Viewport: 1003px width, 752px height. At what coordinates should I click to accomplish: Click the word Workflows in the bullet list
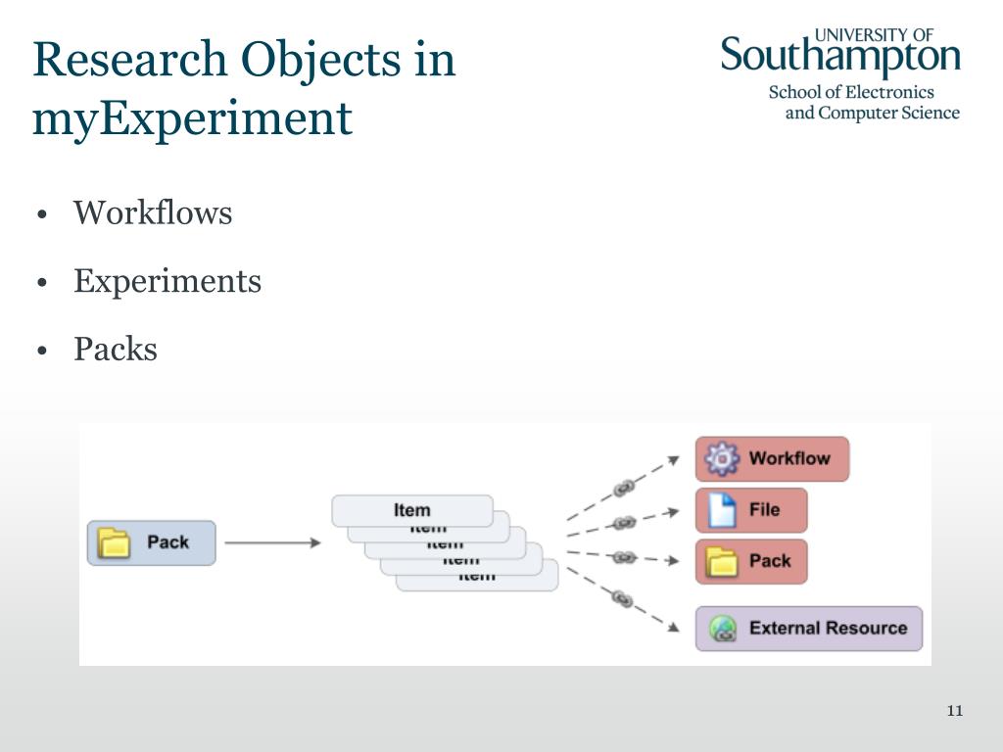tap(153, 212)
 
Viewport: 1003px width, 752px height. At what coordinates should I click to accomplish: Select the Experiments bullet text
tap(167, 281)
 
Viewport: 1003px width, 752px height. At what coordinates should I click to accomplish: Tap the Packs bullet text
tap(116, 350)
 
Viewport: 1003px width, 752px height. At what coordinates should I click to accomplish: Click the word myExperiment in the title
tap(192, 119)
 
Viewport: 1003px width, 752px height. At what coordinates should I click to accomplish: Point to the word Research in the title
tap(128, 60)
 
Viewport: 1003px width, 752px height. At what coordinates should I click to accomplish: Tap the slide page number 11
tap(955, 711)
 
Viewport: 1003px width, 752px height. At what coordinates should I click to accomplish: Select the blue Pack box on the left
tap(151, 542)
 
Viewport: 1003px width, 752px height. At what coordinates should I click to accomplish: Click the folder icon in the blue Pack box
tap(115, 542)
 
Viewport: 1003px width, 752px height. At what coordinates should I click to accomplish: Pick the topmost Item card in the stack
tap(411, 510)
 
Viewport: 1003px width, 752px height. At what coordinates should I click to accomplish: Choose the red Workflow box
tap(772, 458)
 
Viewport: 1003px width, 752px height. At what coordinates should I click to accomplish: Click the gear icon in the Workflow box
tap(723, 458)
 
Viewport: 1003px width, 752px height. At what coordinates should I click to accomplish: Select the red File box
tap(751, 510)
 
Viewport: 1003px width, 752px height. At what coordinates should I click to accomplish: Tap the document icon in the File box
tap(722, 510)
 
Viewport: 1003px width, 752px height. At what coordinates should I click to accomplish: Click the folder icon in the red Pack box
tap(722, 562)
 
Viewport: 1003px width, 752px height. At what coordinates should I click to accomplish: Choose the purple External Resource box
tap(809, 629)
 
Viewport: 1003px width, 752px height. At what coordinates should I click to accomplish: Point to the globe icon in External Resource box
tap(723, 629)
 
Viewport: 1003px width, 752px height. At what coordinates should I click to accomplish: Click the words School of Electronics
tap(851, 92)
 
